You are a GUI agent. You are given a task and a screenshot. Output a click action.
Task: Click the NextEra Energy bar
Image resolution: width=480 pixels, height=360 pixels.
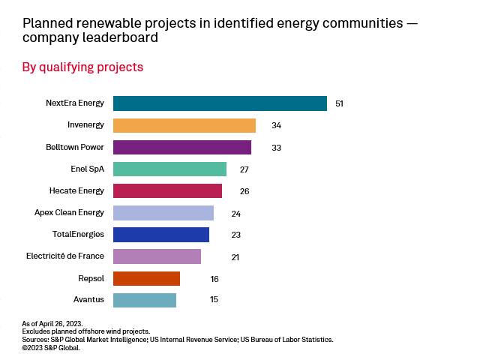(220, 103)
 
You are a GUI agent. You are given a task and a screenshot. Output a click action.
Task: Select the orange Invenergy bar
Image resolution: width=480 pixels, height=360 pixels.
(184, 125)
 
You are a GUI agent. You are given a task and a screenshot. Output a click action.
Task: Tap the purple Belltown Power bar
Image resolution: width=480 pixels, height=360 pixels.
(182, 147)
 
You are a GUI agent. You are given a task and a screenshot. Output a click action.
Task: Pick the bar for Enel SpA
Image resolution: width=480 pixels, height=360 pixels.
(169, 169)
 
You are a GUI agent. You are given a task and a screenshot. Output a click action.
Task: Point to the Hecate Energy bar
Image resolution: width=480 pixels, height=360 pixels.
(167, 190)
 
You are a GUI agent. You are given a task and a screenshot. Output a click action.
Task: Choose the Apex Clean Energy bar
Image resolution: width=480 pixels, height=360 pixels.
(163, 213)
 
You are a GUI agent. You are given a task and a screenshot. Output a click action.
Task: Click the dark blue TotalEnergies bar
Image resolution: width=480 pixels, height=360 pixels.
(161, 235)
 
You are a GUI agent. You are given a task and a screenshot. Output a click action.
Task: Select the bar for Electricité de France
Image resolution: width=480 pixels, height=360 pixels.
(157, 256)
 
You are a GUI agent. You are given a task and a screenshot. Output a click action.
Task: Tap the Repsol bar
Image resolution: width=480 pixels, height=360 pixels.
(146, 278)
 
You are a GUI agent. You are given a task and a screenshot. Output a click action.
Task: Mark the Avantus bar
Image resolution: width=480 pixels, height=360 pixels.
(145, 300)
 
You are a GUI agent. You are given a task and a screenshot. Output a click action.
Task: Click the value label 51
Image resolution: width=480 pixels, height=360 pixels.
(340, 103)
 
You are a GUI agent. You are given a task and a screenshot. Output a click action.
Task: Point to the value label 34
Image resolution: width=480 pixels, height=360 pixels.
(277, 125)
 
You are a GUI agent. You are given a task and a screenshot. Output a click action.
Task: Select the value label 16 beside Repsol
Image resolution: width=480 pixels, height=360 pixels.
(214, 279)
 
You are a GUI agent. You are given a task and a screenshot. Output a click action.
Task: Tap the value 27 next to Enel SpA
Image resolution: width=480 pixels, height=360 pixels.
(244, 169)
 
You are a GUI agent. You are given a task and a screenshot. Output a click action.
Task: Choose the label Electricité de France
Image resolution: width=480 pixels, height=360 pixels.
(65, 256)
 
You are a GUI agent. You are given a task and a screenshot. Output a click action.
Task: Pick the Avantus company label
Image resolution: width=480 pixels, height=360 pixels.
(88, 300)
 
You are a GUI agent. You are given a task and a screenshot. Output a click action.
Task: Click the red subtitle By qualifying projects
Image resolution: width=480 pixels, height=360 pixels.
(82, 67)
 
